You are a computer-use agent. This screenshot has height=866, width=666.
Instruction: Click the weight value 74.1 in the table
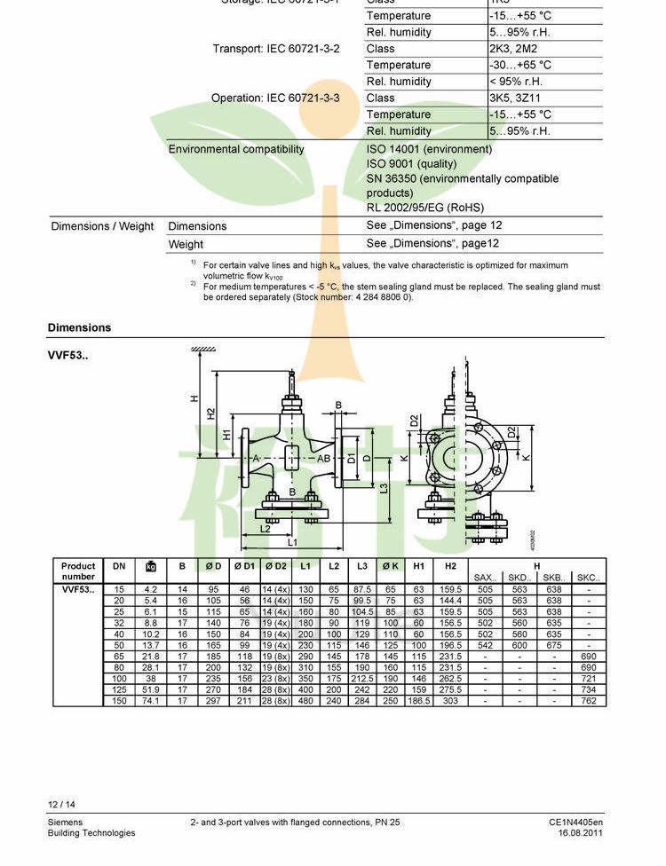[150, 701]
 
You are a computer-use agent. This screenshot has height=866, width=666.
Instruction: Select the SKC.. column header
[588, 578]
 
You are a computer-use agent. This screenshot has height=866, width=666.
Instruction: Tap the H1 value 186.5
[418, 701]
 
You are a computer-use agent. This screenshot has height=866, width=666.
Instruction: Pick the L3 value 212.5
[362, 679]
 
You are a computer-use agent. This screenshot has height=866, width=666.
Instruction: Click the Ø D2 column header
[274, 566]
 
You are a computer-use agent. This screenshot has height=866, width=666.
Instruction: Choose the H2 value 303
[450, 701]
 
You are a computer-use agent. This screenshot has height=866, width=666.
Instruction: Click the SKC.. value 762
[588, 701]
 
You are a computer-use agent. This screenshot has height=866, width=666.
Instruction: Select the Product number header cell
[78, 571]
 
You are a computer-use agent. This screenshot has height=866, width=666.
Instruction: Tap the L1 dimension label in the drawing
[291, 542]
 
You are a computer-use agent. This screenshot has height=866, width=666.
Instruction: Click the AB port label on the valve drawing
[324, 459]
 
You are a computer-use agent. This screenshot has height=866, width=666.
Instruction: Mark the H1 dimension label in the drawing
[227, 434]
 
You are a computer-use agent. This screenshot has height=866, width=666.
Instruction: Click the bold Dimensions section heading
[80, 327]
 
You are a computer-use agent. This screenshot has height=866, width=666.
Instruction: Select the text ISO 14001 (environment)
[429, 149]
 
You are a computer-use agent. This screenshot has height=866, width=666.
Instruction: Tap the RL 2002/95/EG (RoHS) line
[425, 208]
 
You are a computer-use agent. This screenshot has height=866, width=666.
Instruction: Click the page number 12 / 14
[61, 805]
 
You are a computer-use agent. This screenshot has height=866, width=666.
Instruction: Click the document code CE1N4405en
[575, 823]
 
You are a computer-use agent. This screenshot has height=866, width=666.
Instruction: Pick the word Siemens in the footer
[65, 823]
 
